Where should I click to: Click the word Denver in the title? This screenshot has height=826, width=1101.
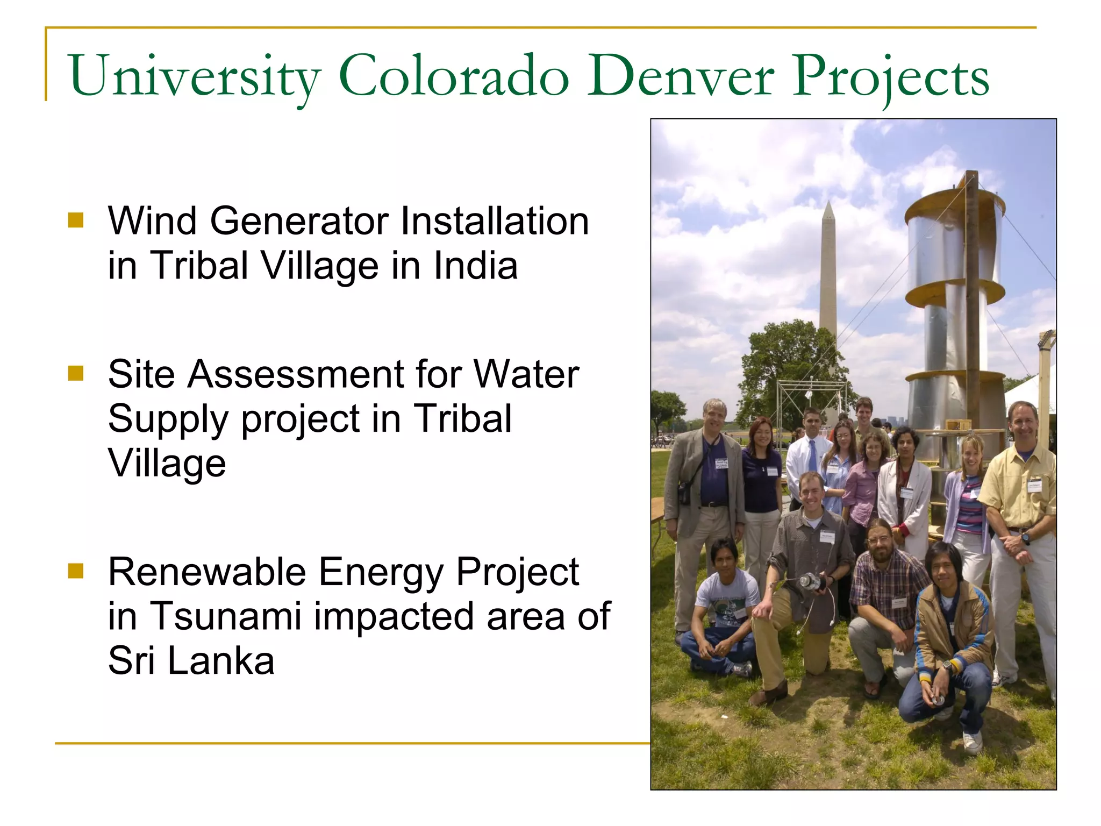tap(680, 77)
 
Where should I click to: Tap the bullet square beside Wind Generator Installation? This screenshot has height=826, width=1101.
tap(76, 220)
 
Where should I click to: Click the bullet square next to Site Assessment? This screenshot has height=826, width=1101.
tap(76, 373)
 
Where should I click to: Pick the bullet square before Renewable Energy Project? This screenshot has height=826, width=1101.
tap(76, 571)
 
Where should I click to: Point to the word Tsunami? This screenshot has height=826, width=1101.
tap(225, 616)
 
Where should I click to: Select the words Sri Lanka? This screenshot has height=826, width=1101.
tap(191, 660)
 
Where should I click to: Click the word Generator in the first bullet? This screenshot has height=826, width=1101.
tap(299, 221)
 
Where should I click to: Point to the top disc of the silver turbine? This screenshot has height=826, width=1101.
tap(954, 202)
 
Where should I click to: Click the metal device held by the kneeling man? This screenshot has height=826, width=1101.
tap(808, 581)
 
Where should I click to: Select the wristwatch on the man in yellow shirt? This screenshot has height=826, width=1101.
tap(1026, 538)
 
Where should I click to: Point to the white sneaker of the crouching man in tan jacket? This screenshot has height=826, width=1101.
tap(972, 742)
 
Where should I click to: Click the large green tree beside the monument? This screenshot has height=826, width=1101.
tap(790, 366)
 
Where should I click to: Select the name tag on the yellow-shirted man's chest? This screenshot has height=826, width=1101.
tap(1034, 486)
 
